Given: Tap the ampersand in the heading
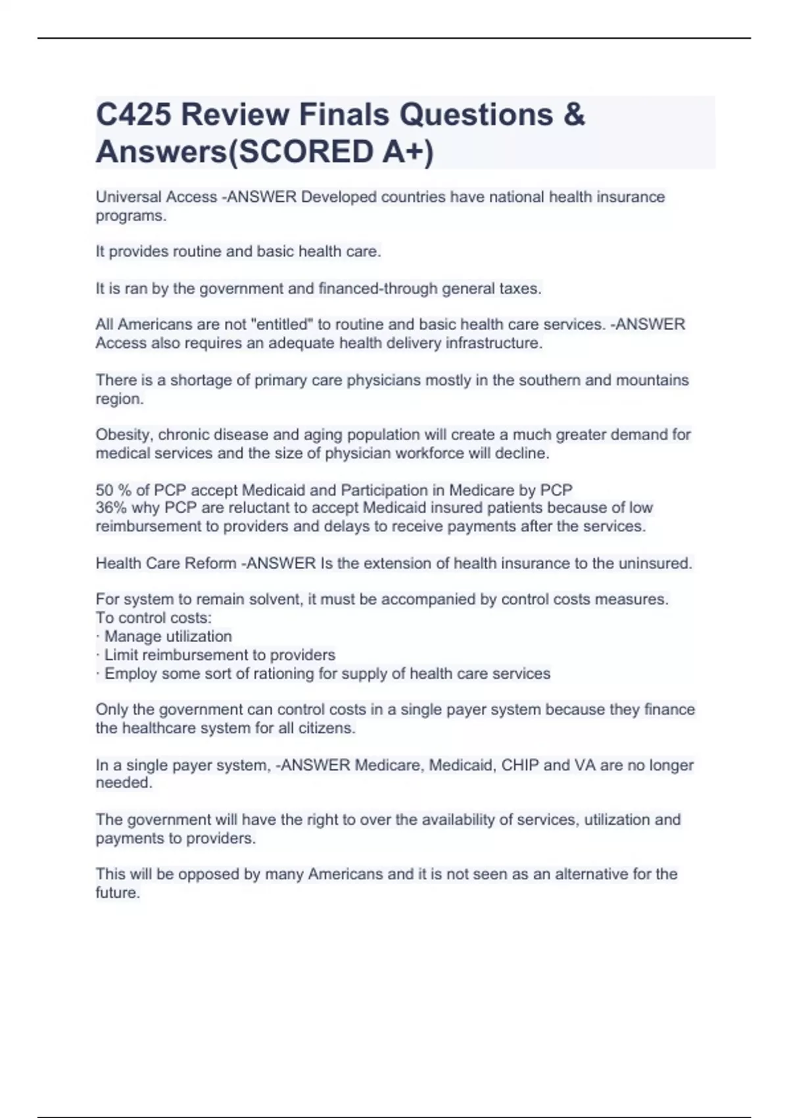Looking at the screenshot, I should pyautogui.click(x=574, y=115).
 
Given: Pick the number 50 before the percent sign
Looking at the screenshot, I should pyautogui.click(x=105, y=490).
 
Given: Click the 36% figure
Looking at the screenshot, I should pyautogui.click(x=111, y=508).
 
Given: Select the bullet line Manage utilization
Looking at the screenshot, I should pyautogui.click(x=168, y=636).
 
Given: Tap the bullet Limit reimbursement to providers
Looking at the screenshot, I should pyautogui.click(x=220, y=654).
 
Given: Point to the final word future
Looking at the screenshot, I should pyautogui.click(x=118, y=892).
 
